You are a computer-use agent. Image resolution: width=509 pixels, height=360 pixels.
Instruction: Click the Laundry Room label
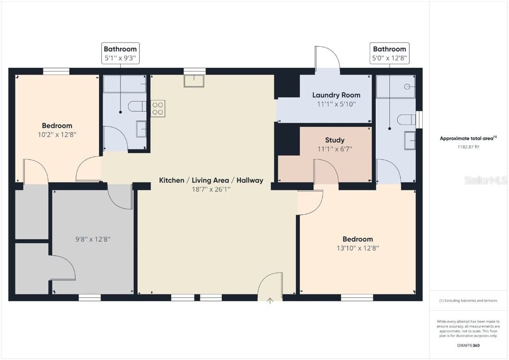[x=336, y=95]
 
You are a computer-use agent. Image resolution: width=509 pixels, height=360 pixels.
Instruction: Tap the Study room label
[x=334, y=140]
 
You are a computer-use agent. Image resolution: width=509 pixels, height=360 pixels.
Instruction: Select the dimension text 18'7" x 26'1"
[x=211, y=189]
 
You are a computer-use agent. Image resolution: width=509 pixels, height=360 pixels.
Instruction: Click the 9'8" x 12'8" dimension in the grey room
[x=93, y=239]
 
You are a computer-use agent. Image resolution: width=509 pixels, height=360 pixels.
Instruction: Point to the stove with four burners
[x=158, y=108]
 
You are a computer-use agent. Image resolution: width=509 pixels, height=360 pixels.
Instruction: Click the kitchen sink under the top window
[x=194, y=81]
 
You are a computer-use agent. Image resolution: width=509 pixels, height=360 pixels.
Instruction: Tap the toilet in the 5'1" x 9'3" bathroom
[x=137, y=106]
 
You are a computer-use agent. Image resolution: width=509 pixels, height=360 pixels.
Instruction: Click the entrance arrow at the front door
[x=270, y=301]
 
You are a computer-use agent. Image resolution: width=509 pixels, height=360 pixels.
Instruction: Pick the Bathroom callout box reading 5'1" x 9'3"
[x=121, y=53]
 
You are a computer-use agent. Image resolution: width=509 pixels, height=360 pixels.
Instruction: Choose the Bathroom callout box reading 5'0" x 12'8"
[x=389, y=53]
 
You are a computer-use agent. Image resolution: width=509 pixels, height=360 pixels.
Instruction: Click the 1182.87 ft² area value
[x=468, y=147]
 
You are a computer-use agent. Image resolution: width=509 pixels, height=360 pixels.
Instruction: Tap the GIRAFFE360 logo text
[x=468, y=345]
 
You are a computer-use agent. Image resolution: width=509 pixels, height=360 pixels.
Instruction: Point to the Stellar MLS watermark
[x=486, y=180]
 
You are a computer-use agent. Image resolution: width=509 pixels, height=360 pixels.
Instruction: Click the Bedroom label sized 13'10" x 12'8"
[x=358, y=239]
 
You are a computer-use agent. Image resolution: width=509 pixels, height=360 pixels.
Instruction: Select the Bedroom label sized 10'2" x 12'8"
[x=57, y=126]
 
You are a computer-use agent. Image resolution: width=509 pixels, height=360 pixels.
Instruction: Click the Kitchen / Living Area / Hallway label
[x=211, y=180]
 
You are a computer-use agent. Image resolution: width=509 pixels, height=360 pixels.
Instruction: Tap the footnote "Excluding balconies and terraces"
[x=468, y=300]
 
